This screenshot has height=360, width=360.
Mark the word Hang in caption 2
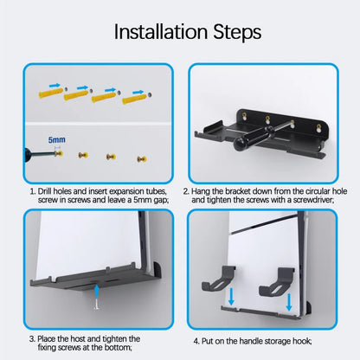click(208, 190)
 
